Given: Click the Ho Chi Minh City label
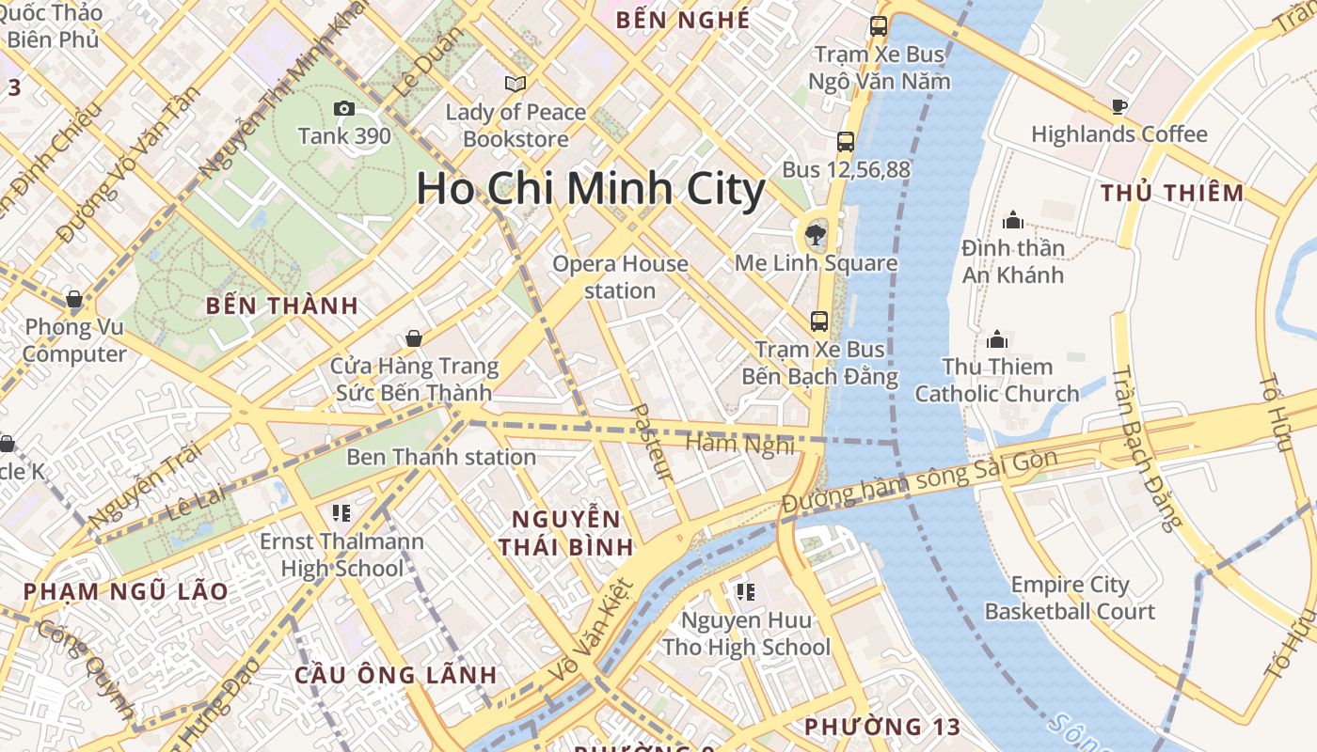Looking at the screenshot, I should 591,189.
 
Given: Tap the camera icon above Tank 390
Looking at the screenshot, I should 344,109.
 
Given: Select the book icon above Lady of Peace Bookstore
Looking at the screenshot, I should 516,85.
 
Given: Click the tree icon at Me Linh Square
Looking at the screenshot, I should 815,235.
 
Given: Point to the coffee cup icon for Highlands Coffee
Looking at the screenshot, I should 1119,106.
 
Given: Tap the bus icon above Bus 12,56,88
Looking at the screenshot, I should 846,142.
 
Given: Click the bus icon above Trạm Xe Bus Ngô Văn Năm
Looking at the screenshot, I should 879,26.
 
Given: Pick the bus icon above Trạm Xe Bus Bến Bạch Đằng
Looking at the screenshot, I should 819,321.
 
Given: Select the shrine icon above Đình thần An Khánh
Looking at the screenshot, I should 1013,220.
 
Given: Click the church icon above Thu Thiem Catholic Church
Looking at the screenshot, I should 997,338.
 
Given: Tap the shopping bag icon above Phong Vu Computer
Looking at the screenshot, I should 74,300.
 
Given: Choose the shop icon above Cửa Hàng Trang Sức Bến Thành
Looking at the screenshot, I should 413,338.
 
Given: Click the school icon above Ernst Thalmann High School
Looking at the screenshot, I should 341,513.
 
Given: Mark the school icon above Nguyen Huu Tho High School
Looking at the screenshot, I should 746,592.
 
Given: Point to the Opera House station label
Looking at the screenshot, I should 620,277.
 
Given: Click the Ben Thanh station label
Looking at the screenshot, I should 441,458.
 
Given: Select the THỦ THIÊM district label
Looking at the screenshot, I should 1172,194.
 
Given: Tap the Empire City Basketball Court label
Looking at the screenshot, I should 1070,598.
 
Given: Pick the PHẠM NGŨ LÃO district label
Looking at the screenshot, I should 125,591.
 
